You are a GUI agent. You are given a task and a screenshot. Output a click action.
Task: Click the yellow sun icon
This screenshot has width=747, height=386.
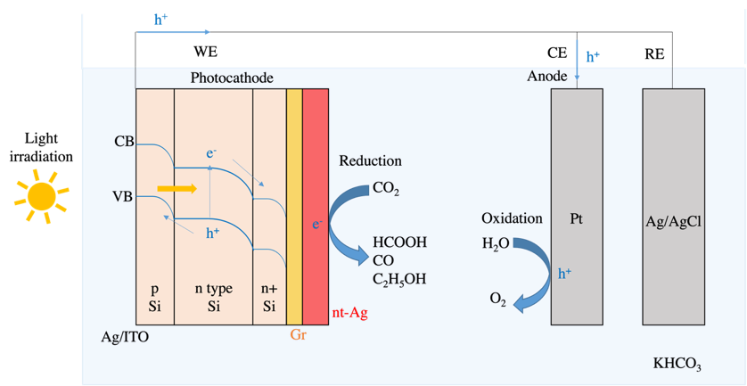point(41,195)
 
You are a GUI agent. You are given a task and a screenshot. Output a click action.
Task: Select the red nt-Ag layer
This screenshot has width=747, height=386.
point(316,206)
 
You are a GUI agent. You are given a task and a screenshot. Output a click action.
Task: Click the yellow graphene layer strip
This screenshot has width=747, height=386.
point(294,206)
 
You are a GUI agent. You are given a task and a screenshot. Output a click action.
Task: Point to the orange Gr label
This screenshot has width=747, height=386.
point(298,335)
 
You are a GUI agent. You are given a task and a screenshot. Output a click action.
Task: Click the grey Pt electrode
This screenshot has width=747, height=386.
point(577,207)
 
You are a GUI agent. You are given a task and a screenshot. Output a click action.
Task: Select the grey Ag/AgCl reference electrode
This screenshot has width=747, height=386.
point(674,207)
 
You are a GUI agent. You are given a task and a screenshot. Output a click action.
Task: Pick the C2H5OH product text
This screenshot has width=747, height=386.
point(399,279)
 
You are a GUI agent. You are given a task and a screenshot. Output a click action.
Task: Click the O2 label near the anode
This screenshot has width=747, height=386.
point(497,300)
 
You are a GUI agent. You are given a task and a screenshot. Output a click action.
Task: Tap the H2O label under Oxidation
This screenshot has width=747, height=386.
point(496,244)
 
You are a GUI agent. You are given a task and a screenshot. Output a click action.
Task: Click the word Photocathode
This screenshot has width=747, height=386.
point(232,78)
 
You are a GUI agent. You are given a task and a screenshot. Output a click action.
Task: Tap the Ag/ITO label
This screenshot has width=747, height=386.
point(125,337)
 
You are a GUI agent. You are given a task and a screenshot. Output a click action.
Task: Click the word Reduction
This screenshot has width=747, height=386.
point(371,161)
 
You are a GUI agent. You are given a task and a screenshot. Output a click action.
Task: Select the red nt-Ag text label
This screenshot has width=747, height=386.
point(350,314)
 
